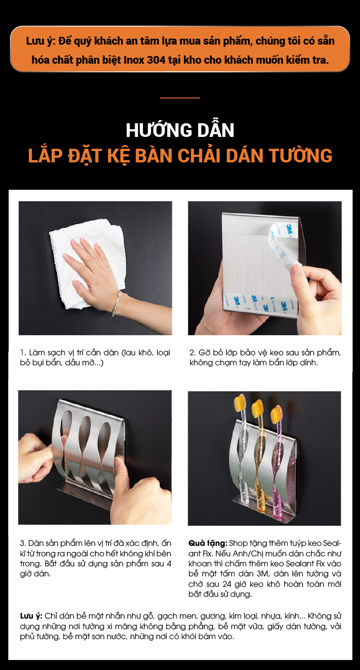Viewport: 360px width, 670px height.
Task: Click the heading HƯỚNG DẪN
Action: tap(180, 130)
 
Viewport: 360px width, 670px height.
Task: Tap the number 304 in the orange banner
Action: tap(156, 60)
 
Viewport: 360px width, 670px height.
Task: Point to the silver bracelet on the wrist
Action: tap(117, 303)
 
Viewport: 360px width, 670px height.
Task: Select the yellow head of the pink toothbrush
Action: tap(276, 414)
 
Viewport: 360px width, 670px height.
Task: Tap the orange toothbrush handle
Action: tap(260, 467)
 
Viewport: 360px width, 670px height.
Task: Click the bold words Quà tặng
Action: tap(208, 543)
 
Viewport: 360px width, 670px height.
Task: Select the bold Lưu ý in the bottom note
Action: tap(31, 616)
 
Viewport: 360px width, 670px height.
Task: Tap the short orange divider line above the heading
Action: tap(180, 98)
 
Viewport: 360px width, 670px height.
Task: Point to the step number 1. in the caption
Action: tap(23, 353)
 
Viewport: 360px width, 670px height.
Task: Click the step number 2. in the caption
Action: tap(193, 353)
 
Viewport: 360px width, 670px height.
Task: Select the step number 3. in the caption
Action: tap(23, 543)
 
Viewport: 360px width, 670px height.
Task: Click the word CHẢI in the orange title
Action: tap(199, 156)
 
